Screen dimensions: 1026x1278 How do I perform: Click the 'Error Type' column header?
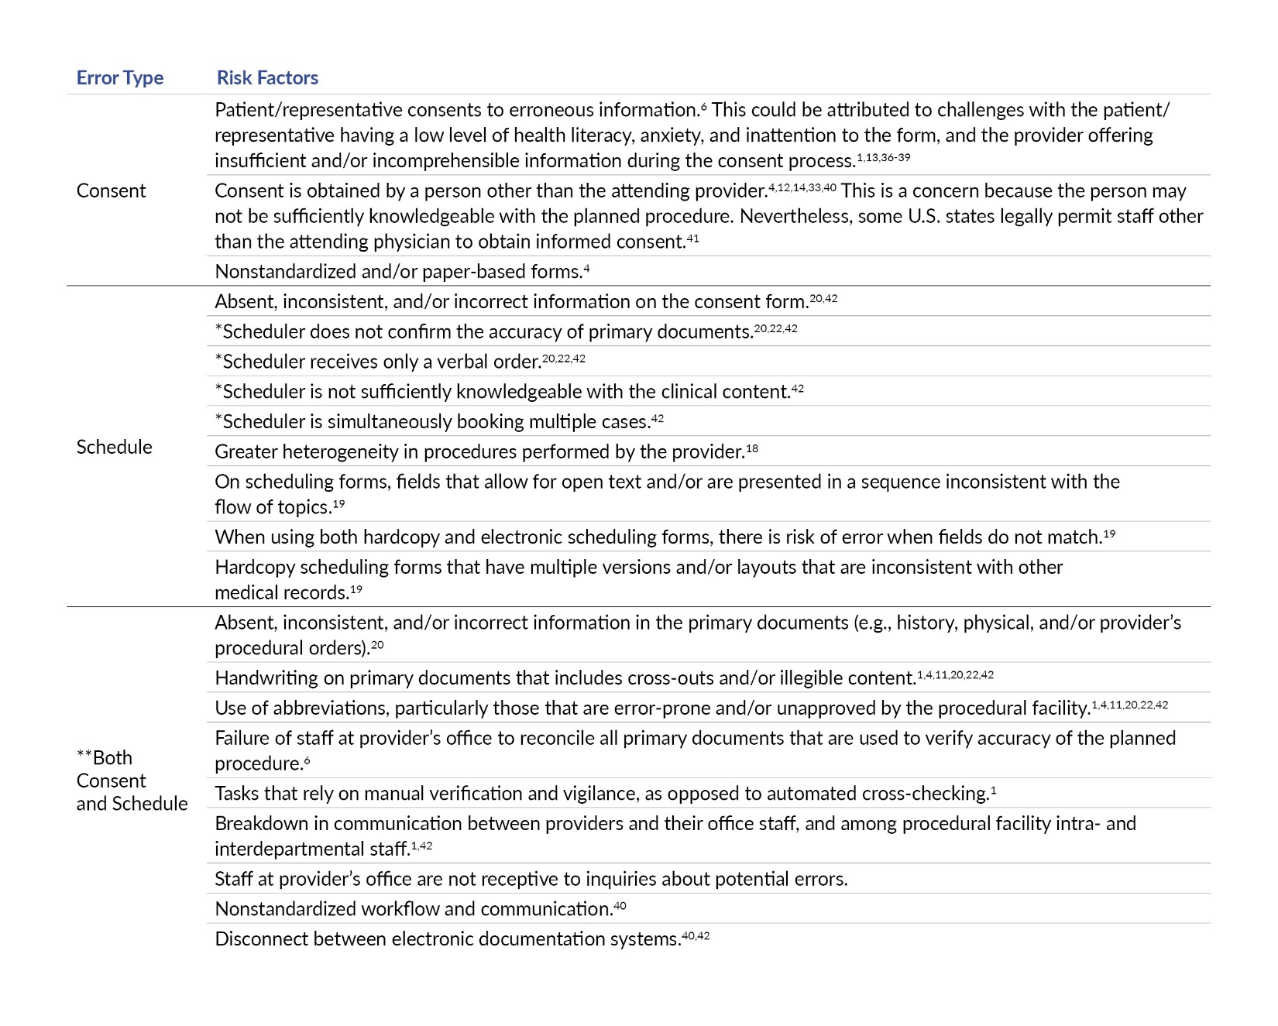point(119,78)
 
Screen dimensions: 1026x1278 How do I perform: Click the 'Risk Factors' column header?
point(267,78)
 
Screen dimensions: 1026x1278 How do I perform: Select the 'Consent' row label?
point(111,191)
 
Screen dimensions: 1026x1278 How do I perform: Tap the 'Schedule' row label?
point(114,448)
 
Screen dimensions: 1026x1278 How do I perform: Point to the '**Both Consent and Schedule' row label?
point(131,781)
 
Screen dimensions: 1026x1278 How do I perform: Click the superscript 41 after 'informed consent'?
point(692,238)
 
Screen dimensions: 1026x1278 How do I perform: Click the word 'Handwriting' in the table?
point(259,678)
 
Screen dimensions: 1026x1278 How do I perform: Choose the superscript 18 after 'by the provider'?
point(752,448)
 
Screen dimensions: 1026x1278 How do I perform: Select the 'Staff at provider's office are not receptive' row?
point(531,879)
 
